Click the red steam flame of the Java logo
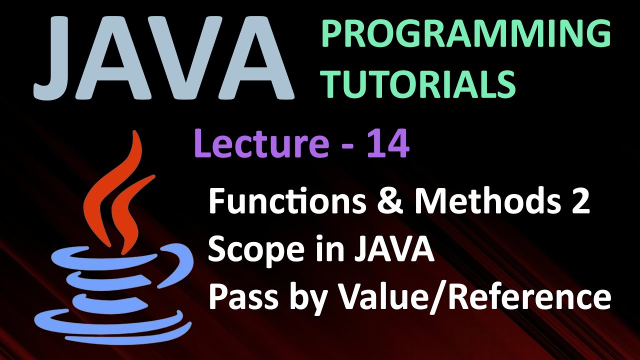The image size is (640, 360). coord(117,190)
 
